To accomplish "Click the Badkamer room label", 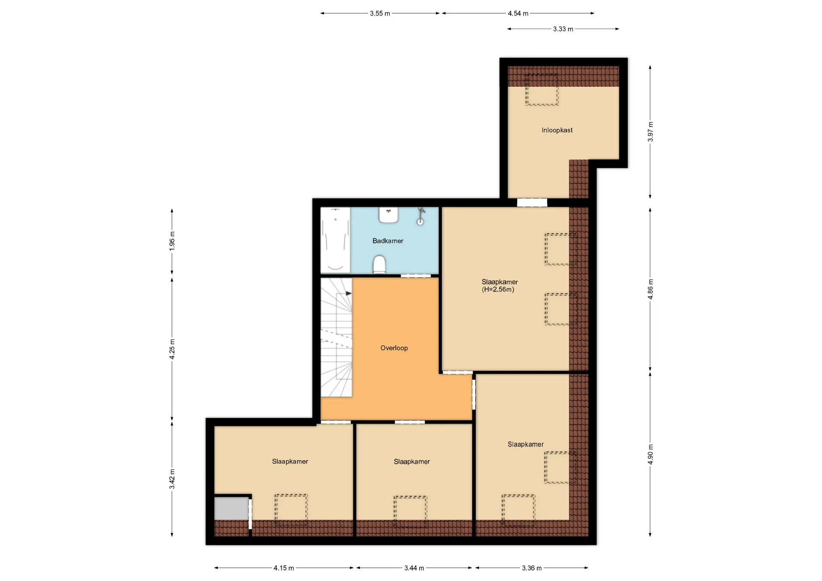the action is pos(387,241).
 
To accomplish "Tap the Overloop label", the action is pos(394,348).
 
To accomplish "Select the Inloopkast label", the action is pos(557,130).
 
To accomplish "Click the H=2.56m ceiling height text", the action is pos(498,290).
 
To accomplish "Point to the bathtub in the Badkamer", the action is pos(335,240).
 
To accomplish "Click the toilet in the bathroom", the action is pos(379,264).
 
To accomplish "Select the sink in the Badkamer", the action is pos(389,215).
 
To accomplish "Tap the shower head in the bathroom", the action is pos(421,216).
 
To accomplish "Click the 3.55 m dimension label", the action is pos(380,13).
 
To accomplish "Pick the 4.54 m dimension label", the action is pos(518,13).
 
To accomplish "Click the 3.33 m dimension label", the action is pos(563,29).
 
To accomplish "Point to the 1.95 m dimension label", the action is pos(172,241).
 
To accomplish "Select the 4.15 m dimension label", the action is pos(284,568).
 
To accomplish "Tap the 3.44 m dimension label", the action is pos(414,568).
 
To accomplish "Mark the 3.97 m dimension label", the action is pos(650,132).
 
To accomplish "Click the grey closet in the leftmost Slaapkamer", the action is pos(232,509).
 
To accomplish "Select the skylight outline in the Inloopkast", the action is pos(542,90).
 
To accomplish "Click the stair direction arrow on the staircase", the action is pos(348,293).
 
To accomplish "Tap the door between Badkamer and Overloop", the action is pos(416,276).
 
